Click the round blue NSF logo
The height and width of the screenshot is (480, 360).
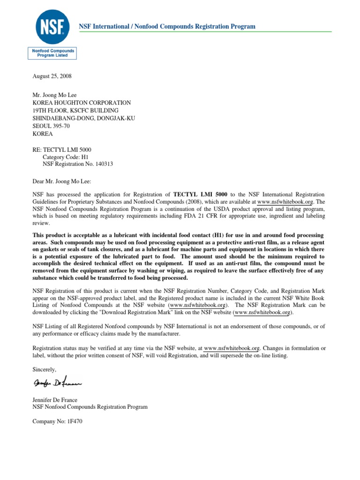pos(52,27)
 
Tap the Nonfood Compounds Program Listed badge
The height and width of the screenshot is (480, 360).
pos(52,53)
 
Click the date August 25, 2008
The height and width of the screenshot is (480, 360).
pos(52,76)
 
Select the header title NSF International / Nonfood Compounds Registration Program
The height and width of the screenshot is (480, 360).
pos(167,27)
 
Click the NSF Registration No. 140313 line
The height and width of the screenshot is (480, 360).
pos(78,165)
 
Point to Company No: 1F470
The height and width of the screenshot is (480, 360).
pos(57,422)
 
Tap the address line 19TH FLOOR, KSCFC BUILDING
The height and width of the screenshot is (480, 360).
pos(75,111)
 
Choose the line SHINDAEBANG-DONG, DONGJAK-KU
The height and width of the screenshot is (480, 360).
pos(83,118)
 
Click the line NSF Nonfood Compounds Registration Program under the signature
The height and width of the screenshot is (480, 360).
pos(90,407)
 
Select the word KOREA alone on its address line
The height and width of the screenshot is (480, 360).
pos(43,134)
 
